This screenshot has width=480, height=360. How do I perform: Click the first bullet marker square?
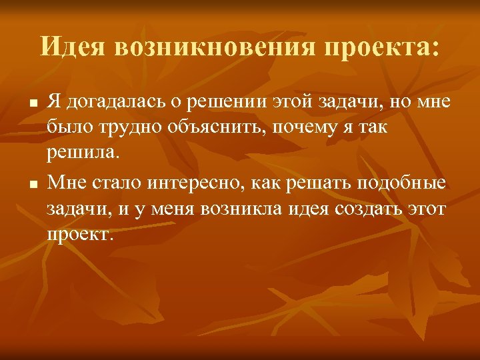coord(31,103)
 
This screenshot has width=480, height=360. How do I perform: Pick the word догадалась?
coord(107,102)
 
